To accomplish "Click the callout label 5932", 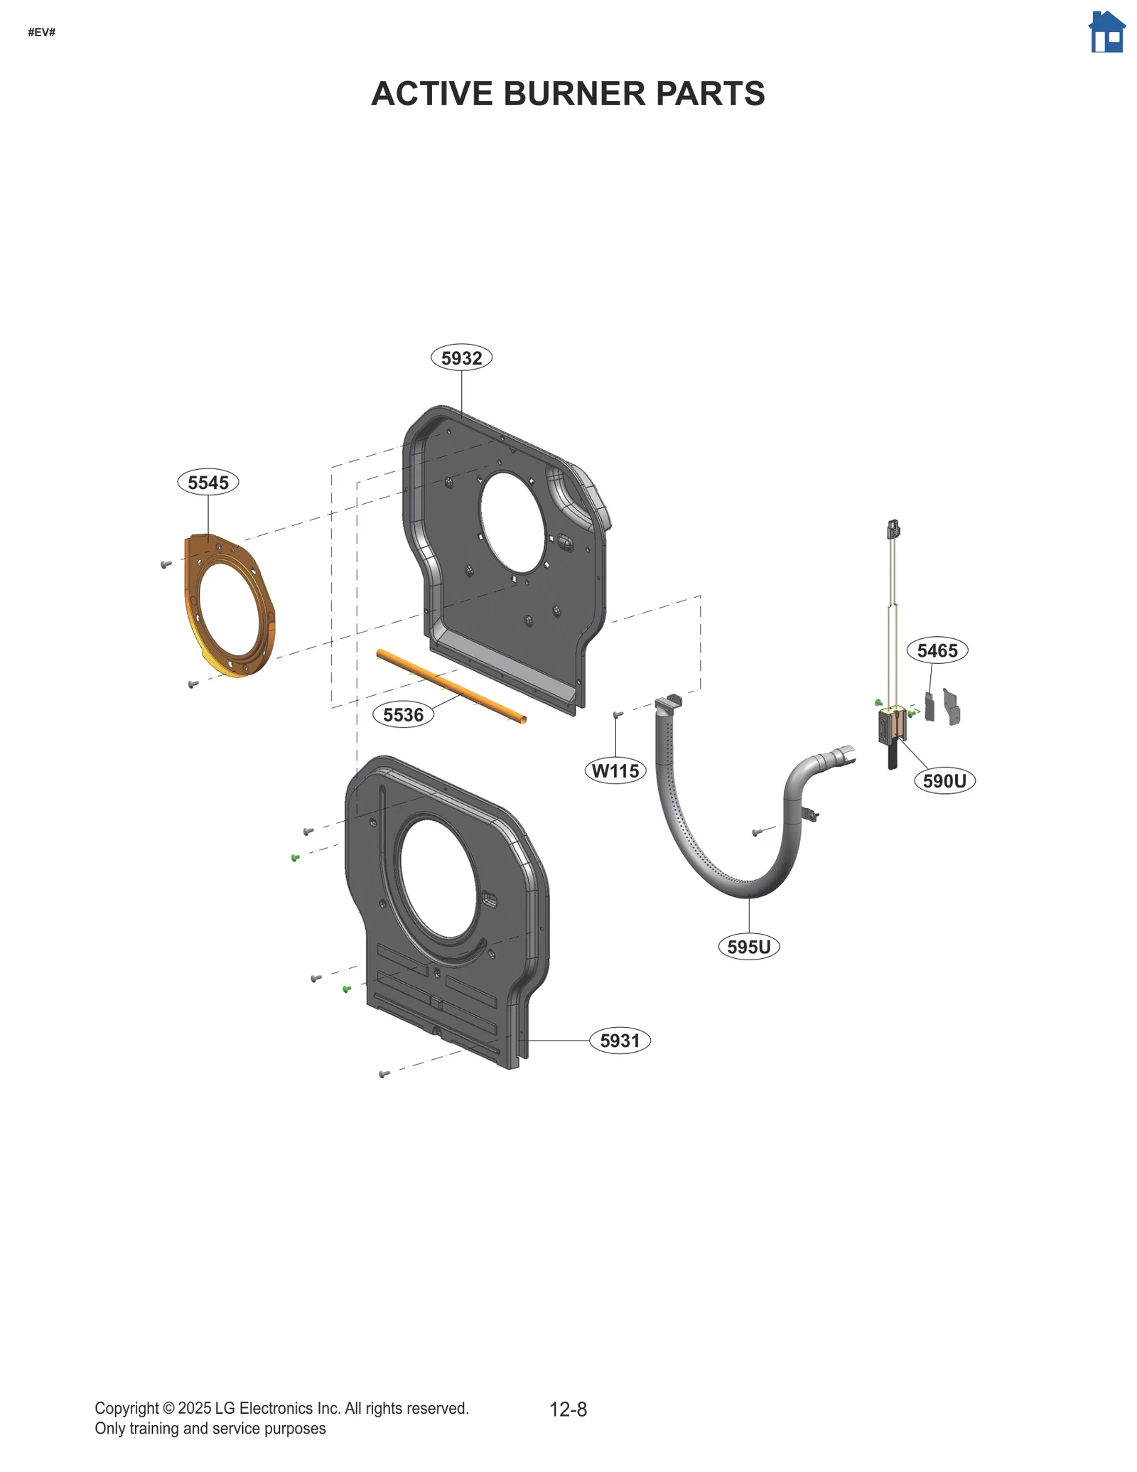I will click(x=461, y=358).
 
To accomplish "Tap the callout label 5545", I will click(x=208, y=482).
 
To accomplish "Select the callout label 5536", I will click(x=403, y=714).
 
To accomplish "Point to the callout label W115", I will click(x=615, y=770).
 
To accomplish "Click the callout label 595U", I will click(x=749, y=947).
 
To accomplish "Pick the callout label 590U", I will click(x=944, y=780).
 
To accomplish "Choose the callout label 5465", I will click(x=937, y=650).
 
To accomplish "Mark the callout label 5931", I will click(x=620, y=1041).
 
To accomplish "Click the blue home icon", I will click(x=1107, y=32).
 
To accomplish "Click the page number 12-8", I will click(x=568, y=1409).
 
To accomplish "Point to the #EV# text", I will click(x=42, y=32).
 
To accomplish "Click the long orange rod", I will click(x=452, y=686).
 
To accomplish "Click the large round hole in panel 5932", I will click(x=512, y=522).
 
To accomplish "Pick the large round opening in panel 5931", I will click(x=438, y=878).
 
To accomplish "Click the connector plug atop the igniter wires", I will click(x=893, y=529).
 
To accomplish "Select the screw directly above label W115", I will click(x=618, y=714).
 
